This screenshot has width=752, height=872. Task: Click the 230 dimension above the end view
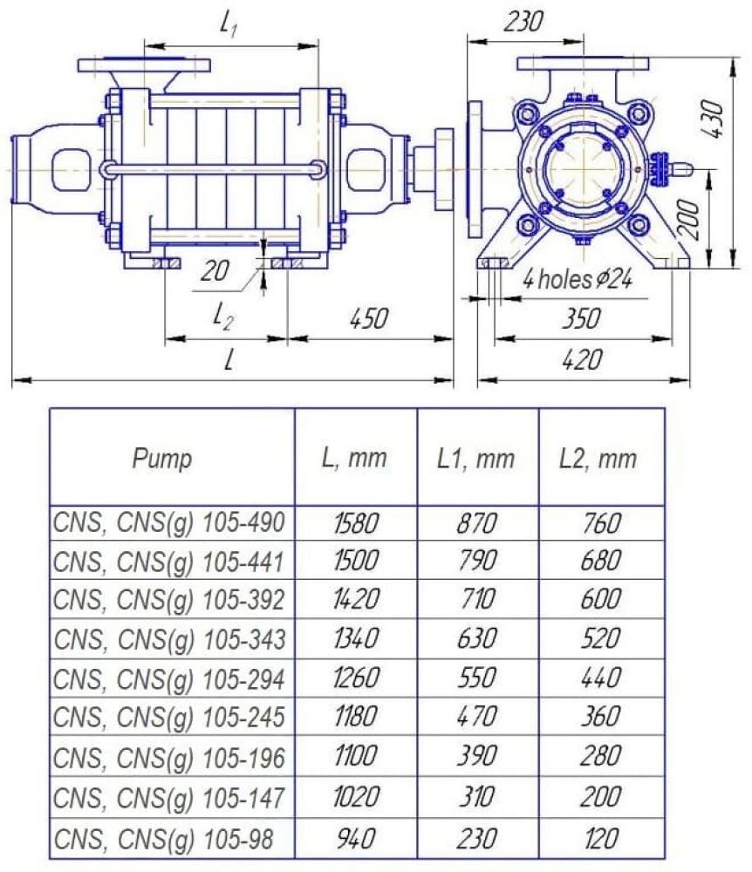click(523, 23)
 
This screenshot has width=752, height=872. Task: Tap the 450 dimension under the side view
click(369, 319)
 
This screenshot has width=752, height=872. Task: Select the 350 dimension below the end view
click(581, 319)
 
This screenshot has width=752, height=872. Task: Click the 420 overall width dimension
click(581, 360)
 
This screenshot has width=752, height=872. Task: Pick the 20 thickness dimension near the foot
click(215, 271)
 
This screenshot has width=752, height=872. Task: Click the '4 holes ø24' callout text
click(577, 279)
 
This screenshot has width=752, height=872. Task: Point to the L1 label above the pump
click(229, 24)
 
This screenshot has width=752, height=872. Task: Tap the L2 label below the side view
click(223, 317)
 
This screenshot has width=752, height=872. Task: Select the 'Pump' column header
click(162, 460)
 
